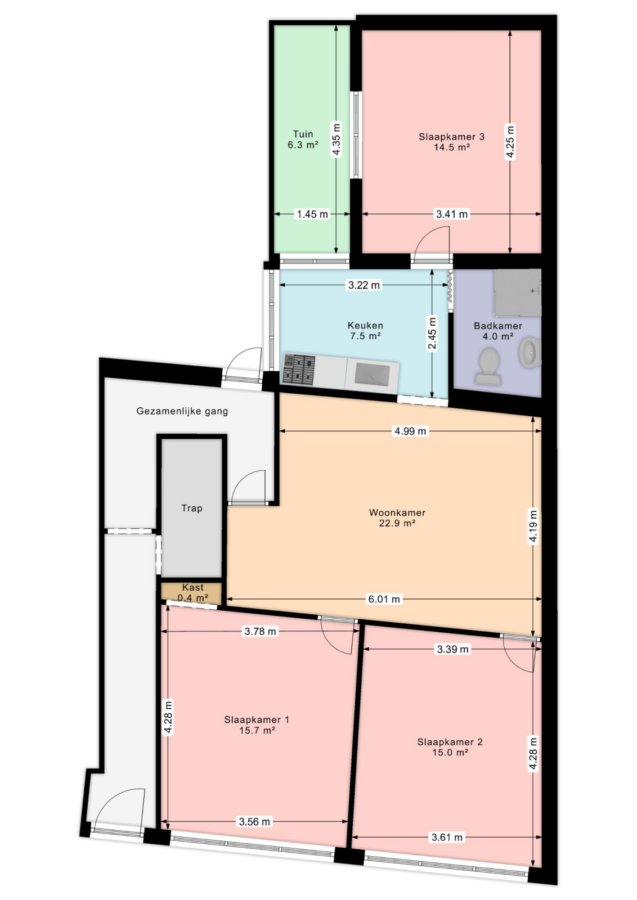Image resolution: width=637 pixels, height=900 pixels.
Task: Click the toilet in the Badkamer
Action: click(x=487, y=366)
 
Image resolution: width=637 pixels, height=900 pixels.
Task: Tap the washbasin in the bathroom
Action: click(x=531, y=352)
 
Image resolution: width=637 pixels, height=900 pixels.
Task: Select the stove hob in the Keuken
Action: click(x=299, y=369)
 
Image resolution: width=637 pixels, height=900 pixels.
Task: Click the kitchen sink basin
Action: click(x=372, y=373)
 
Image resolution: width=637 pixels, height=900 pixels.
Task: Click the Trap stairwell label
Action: click(x=192, y=508)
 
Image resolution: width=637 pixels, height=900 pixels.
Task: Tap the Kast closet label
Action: click(x=193, y=587)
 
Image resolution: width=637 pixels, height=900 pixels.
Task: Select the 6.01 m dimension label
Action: click(x=384, y=599)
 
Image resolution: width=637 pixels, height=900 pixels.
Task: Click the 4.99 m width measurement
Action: click(x=410, y=431)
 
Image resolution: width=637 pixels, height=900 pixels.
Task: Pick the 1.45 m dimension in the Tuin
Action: click(x=312, y=214)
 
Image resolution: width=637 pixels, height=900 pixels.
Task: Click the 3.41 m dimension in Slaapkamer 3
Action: click(x=452, y=214)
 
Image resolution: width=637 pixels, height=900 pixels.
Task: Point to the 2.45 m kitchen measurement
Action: click(x=432, y=334)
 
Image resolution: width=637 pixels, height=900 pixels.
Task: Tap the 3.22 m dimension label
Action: click(x=364, y=285)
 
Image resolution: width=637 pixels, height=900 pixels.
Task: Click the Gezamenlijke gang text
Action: click(x=182, y=411)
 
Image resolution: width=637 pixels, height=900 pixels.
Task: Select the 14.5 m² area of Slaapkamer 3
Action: click(x=452, y=147)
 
